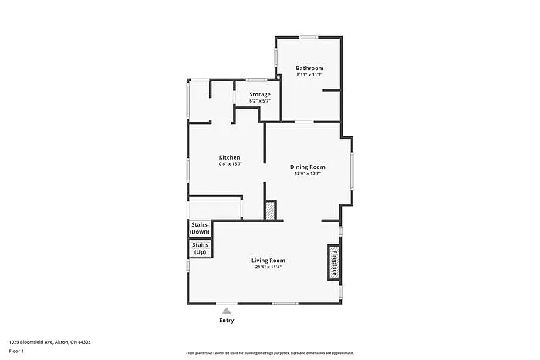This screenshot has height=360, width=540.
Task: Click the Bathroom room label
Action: pos(309,69)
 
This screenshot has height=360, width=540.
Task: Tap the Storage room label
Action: pos(259,94)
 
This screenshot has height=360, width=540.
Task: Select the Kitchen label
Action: pos(228,157)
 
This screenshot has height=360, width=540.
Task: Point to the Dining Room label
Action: pos(307,167)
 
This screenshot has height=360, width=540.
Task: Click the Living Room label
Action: pos(268,261)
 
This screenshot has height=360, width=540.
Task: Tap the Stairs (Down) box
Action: pos(200,229)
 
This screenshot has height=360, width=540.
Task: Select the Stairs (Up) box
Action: pos(200,249)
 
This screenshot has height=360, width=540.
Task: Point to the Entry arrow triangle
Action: pos(226,311)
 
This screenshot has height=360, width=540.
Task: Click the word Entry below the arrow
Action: pos(226,320)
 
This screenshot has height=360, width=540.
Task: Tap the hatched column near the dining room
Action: pos(270,210)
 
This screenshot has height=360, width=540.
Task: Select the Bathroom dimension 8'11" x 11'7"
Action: pos(309,76)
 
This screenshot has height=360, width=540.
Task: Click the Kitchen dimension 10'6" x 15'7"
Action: pos(229,163)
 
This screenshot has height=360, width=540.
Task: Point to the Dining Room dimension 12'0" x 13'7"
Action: pos(307,173)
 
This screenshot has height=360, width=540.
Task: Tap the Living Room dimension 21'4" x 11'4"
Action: pos(268,267)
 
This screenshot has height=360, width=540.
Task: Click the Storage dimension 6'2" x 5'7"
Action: pos(259,101)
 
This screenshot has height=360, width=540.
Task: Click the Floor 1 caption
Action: pos(16,352)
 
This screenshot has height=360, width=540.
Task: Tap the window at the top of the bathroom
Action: pos(309,37)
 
